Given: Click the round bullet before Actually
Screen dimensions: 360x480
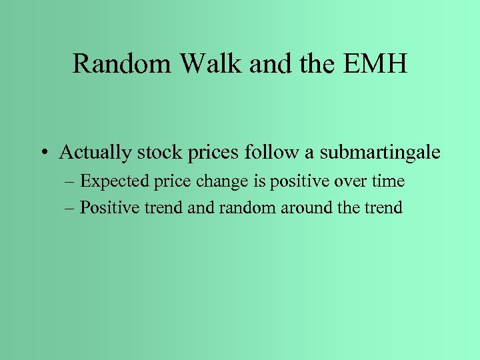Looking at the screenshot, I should [x=43, y=153].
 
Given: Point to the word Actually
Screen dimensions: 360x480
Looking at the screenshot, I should [x=95, y=153].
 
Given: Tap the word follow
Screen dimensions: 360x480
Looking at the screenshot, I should [x=268, y=153].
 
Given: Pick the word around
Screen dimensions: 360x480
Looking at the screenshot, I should [x=299, y=207].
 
